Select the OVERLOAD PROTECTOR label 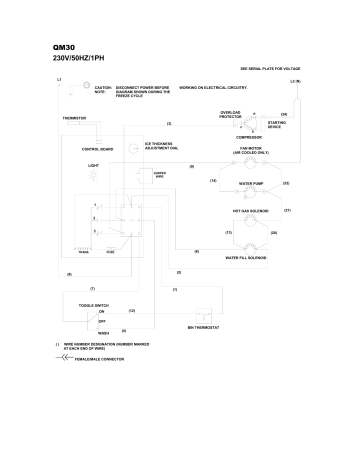point(232,114)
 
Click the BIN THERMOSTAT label point(203,327)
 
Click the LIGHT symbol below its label point(94,175)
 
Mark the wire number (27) point(288,210)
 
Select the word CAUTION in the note point(102,87)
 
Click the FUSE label point(110,252)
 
